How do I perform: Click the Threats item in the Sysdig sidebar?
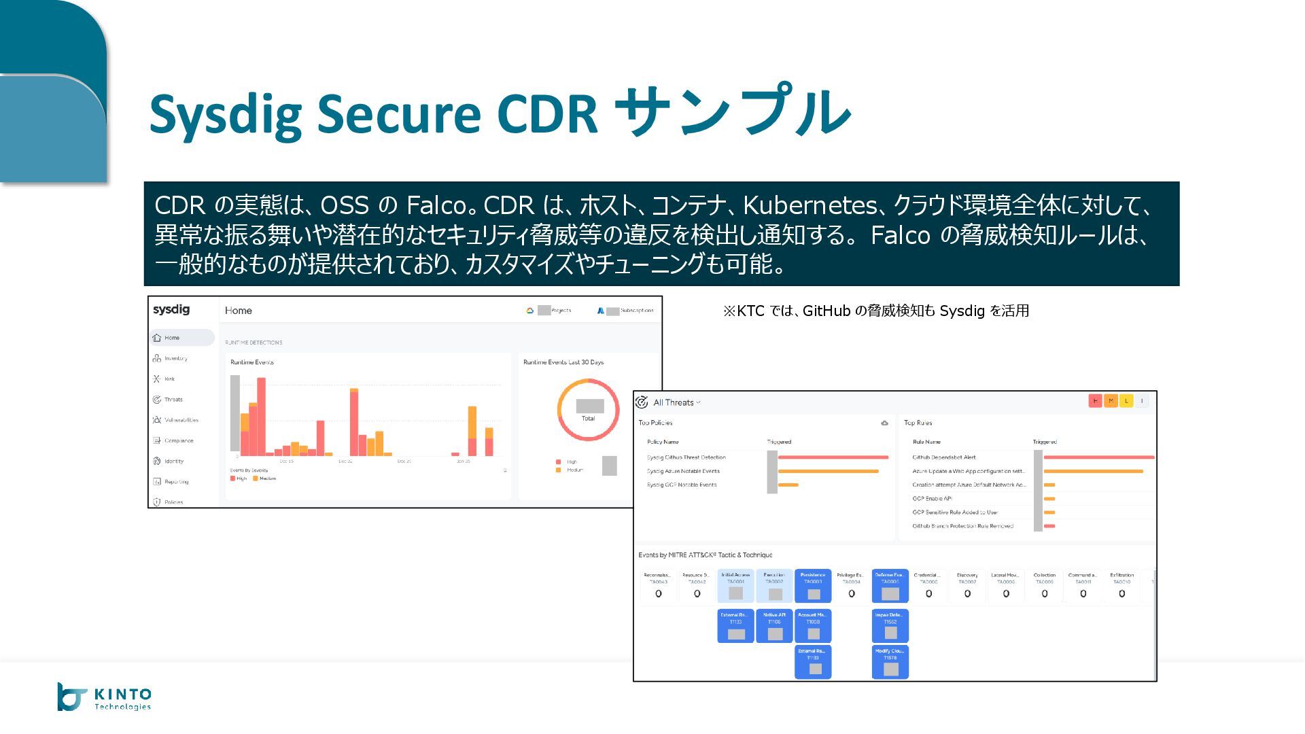[x=173, y=400]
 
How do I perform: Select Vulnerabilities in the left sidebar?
[x=181, y=420]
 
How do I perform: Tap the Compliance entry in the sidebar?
[x=178, y=440]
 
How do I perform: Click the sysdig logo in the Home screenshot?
[x=171, y=309]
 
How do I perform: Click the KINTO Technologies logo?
[x=105, y=697]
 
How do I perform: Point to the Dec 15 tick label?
[x=286, y=461]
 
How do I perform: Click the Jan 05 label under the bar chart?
[x=463, y=461]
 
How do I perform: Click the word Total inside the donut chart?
[x=588, y=419]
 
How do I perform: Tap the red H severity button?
[x=1094, y=401]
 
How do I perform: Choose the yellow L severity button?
[x=1126, y=401]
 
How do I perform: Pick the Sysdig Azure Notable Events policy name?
[x=683, y=471]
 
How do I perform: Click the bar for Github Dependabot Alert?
[x=1098, y=457]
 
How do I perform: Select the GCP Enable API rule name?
[x=932, y=498]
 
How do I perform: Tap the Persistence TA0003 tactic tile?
[x=813, y=586]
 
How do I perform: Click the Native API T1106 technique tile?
[x=774, y=626]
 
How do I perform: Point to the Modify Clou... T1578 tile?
[x=890, y=662]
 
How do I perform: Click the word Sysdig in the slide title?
[x=225, y=113]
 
